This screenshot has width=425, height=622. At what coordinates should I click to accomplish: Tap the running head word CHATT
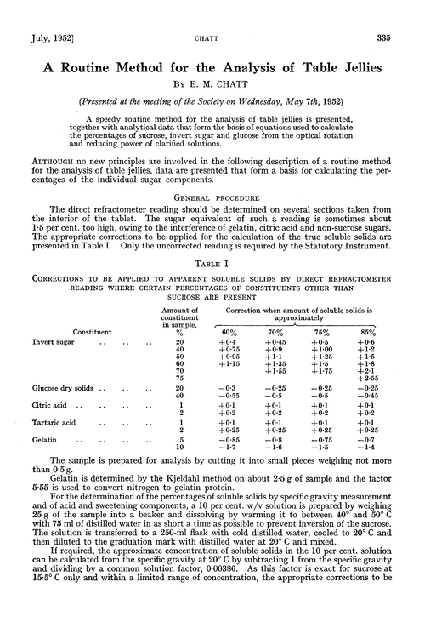[212, 14]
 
